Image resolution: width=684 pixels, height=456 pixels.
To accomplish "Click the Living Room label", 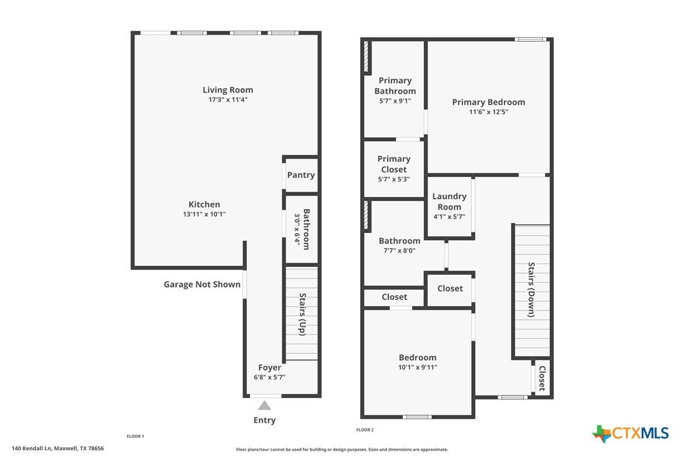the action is pos(228,90).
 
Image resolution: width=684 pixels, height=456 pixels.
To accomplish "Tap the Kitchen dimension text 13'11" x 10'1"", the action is pos(204,214).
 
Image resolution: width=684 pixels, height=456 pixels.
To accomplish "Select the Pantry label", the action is pos(301,175).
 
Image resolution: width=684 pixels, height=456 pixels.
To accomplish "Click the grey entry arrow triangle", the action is pos(265,406).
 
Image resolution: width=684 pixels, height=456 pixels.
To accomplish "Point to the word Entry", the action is pos(265,420).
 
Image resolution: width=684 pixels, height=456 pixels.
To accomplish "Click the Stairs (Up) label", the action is pos(302,314).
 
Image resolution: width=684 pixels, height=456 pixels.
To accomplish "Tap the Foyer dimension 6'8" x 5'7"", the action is pos(270,377).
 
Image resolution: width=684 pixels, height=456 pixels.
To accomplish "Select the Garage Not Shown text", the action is pos(202,285).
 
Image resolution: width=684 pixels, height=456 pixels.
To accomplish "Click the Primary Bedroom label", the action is pos(489,102).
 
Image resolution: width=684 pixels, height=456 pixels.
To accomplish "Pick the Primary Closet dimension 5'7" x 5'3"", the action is pos(394,180).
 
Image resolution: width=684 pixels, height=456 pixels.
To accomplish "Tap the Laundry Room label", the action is pos(449,202).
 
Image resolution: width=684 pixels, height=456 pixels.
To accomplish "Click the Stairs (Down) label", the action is pos(532,290).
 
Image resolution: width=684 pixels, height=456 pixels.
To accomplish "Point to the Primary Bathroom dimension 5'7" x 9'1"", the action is pos(395,101).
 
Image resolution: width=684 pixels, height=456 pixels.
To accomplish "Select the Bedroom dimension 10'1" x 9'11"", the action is pos(418,367).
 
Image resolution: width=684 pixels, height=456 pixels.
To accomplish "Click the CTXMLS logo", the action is pos(630,433).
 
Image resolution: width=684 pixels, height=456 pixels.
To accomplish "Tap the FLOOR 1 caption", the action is pos(135,436).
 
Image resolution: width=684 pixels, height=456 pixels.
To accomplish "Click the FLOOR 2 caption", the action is pos(365,430).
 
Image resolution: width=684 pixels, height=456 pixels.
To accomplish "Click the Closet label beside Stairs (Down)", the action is pos(542,379).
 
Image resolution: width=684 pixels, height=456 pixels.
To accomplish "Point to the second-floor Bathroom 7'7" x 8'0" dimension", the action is pos(399,251).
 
